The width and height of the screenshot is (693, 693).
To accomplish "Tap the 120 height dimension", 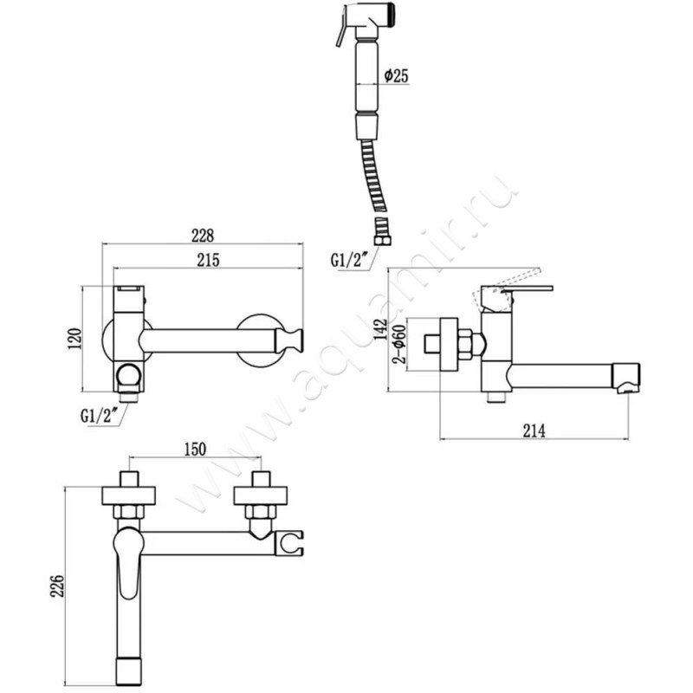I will pyautogui.click(x=75, y=339).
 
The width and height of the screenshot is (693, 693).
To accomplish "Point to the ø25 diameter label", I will pyautogui.click(x=396, y=76).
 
